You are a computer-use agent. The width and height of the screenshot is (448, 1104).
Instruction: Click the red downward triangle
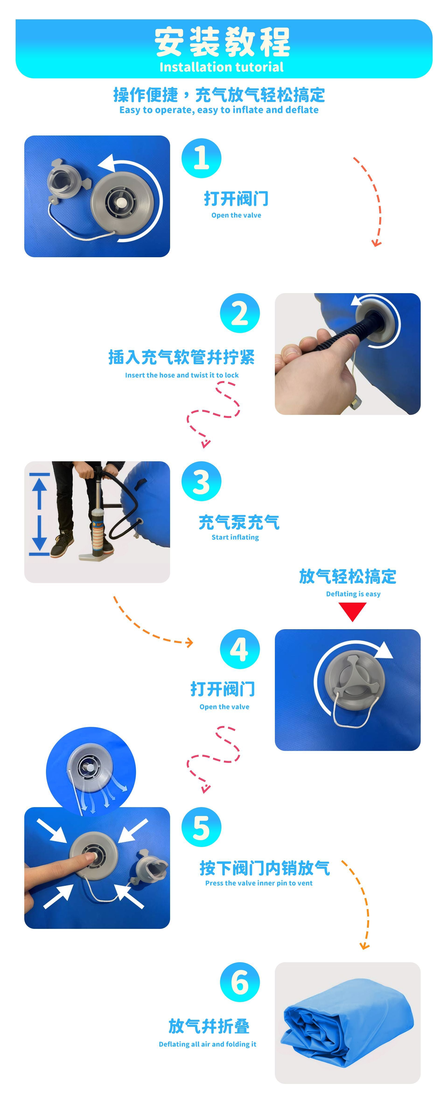(x=352, y=611)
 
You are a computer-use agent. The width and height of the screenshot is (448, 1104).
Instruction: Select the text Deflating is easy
(x=353, y=594)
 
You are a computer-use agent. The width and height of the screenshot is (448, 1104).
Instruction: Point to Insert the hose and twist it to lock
(x=182, y=375)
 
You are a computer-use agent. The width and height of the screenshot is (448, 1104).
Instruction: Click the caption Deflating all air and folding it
(x=207, y=1044)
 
